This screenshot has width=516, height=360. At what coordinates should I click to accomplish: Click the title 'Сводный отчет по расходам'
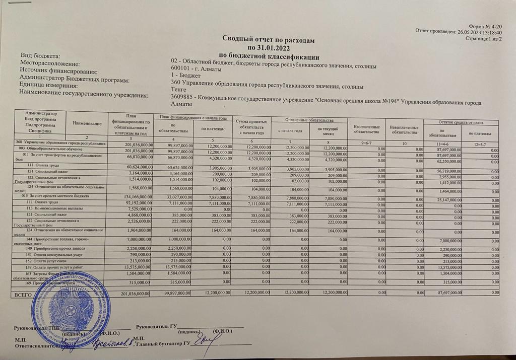(x=271, y=39)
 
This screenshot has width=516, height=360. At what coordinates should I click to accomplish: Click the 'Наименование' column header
(x=87, y=123)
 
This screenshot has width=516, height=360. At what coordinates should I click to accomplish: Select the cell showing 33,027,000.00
(x=174, y=195)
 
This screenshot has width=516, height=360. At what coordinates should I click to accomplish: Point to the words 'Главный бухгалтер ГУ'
(x=161, y=344)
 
